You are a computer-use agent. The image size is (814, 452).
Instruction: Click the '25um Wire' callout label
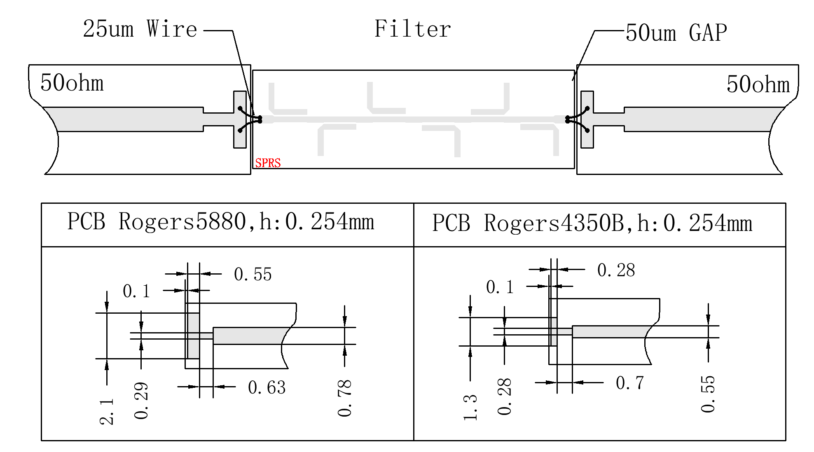[x=140, y=29]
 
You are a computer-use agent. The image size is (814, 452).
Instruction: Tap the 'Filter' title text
[x=412, y=29]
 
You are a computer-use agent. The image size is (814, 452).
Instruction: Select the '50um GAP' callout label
[x=676, y=33]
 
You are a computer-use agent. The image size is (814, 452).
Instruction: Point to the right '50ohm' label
[x=758, y=84]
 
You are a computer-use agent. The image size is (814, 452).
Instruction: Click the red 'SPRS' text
[x=268, y=163]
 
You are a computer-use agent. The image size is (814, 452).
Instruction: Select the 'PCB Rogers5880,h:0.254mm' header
[x=221, y=221]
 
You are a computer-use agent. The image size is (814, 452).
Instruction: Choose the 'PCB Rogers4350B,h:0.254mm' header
[x=592, y=223]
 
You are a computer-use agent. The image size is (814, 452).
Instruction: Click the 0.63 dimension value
[x=267, y=387]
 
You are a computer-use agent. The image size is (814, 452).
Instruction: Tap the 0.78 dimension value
[x=345, y=398]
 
